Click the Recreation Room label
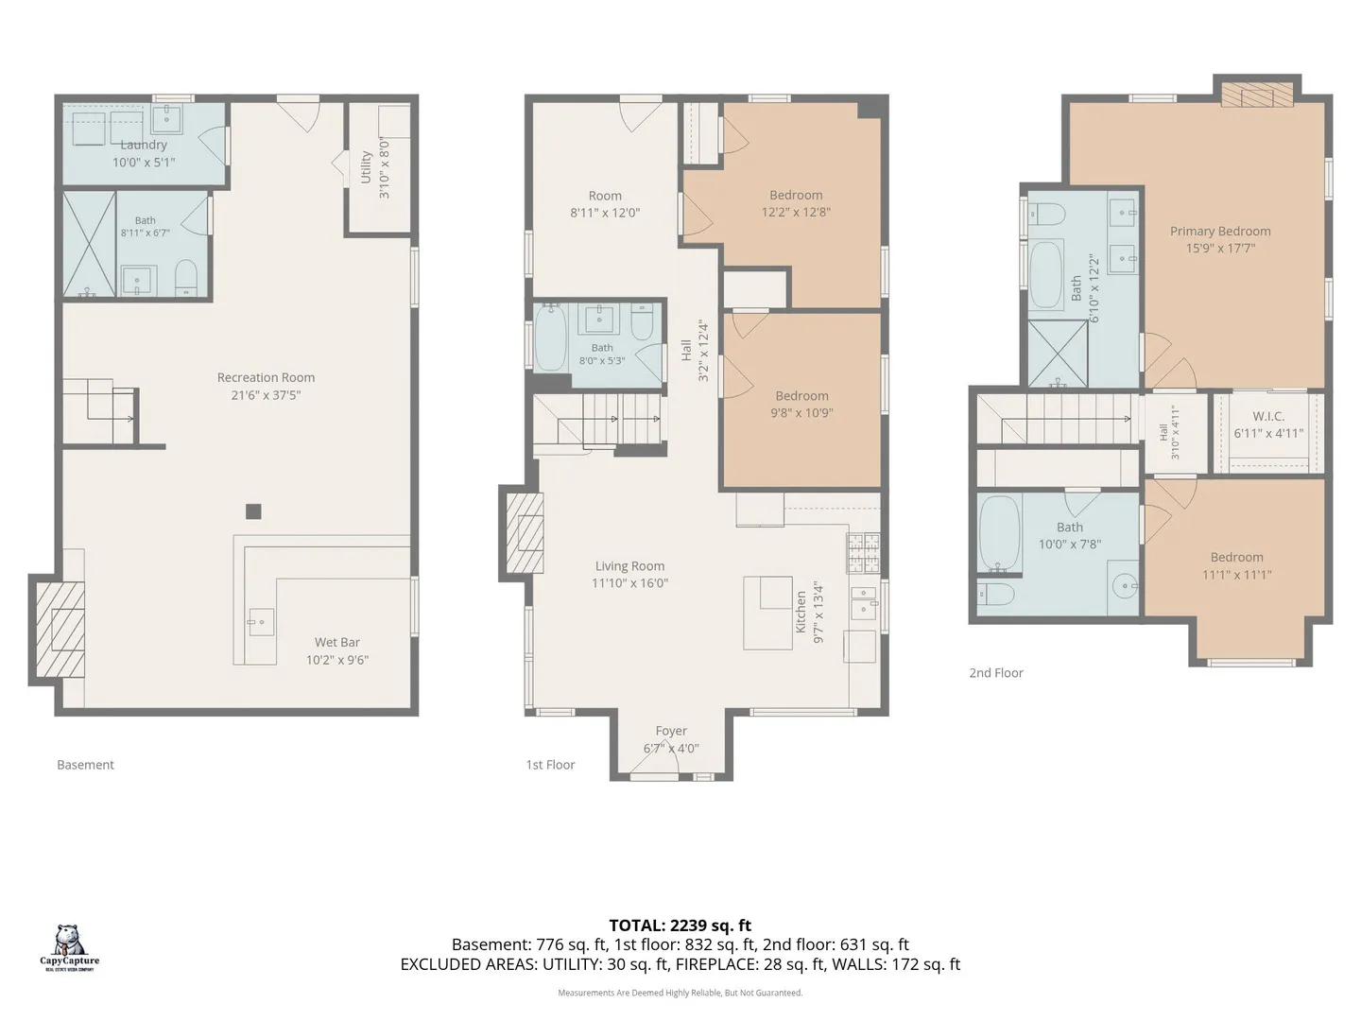coord(266,377)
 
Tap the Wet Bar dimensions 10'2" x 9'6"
coord(337,660)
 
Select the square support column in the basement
coord(253,511)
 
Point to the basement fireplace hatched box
coord(60,630)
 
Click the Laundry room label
coord(144,145)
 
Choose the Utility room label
coord(365,167)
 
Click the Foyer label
coord(671,731)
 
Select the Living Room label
coord(629,565)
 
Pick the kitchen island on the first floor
coord(767,613)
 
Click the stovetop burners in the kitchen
coord(863,552)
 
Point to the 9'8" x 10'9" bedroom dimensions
coord(801,413)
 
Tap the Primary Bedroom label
coord(1219,231)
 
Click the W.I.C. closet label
coord(1268,416)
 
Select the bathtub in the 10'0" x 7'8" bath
coord(999,533)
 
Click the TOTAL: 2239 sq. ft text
coord(680,925)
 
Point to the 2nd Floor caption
coord(996,672)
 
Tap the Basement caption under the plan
coord(86,765)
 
